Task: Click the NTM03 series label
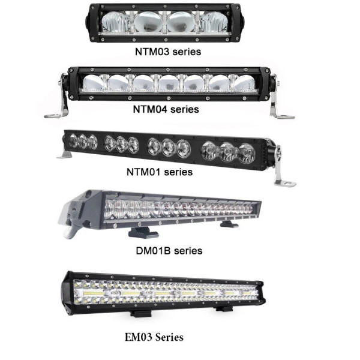pos(168,52)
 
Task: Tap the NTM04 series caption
pos(166,109)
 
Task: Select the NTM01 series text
pos(160,172)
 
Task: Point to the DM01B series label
pos(169,250)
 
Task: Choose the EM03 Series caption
pos(154,337)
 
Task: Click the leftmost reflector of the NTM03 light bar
pos(115,22)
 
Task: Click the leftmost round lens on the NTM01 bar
pos(73,140)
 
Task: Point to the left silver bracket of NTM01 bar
pos(64,155)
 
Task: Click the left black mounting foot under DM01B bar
pos(143,233)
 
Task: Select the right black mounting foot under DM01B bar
pos(229,224)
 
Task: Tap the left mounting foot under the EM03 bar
pos(141,313)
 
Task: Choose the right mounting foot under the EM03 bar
pos(224,309)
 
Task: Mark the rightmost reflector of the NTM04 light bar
pos(245,82)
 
